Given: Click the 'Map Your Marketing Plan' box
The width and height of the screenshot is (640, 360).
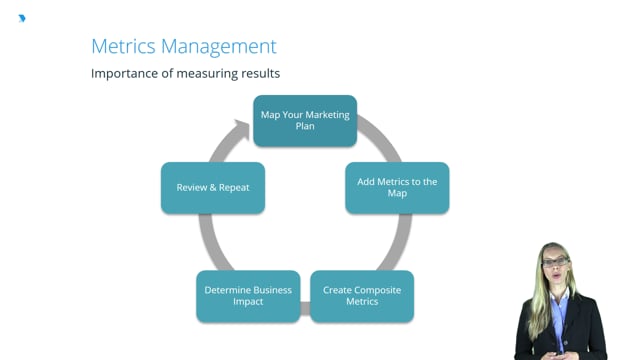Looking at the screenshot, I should pos(305,121).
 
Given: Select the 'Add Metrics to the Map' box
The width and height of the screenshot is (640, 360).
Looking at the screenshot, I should pos(397,187).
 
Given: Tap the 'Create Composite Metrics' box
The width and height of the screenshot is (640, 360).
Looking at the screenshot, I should pos(362,296).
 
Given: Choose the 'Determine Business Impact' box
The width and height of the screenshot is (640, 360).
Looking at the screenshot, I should pos(248,296).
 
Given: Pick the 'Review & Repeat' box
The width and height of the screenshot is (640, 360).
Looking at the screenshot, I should pos(213,187).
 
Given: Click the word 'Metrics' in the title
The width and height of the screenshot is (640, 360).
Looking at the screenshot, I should pos(123,46).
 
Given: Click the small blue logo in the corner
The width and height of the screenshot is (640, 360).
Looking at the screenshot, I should pos(22,18).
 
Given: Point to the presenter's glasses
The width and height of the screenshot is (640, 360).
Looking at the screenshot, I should pos(556,262).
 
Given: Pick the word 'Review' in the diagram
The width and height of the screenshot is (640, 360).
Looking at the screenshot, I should pos(193,187).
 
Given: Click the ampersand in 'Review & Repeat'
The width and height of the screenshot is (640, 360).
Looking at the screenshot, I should pos(214,187).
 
